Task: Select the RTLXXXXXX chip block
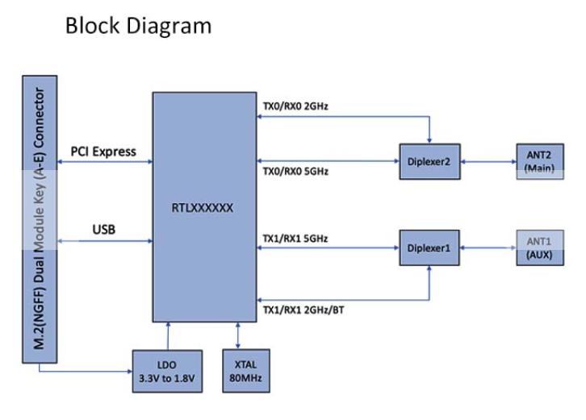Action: (x=203, y=206)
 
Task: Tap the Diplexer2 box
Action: (x=429, y=161)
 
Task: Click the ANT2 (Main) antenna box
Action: (x=537, y=161)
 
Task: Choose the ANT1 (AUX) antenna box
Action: (x=537, y=247)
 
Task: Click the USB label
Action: (x=103, y=230)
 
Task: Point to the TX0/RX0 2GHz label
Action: (x=295, y=106)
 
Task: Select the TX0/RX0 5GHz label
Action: (x=295, y=172)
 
